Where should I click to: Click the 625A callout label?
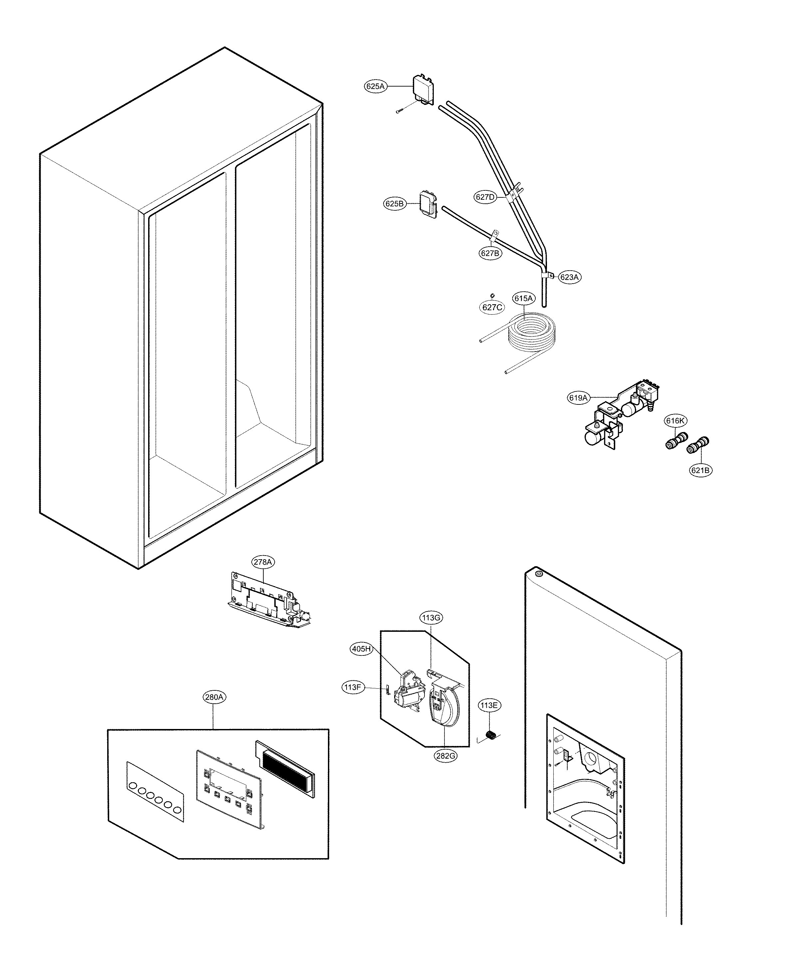point(375,86)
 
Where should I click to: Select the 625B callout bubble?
point(395,204)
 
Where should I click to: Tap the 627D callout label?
point(485,197)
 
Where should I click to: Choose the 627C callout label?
point(492,307)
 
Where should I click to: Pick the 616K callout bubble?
point(676,420)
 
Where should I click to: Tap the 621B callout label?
point(701,470)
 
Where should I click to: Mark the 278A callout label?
point(263,562)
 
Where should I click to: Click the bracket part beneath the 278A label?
point(266,601)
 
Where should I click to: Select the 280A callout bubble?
point(214,697)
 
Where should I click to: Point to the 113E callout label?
point(488,705)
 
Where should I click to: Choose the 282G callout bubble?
point(445,755)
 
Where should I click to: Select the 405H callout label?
point(361,649)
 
